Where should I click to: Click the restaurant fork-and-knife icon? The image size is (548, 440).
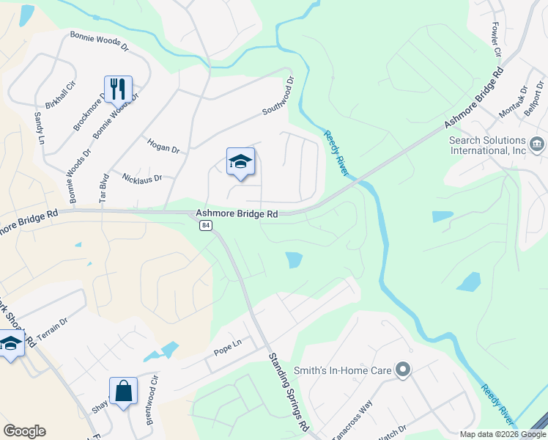(x=118, y=89)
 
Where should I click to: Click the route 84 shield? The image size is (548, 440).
(x=205, y=226)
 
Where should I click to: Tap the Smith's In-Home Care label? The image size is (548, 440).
(x=343, y=370)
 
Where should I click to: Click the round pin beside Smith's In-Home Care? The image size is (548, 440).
(x=401, y=370)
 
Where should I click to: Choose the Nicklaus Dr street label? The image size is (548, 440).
(x=142, y=177)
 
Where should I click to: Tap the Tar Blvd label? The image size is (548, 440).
(x=104, y=188)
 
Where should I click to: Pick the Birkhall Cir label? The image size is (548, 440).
(x=61, y=95)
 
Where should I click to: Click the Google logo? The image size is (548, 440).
(x=24, y=431)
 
